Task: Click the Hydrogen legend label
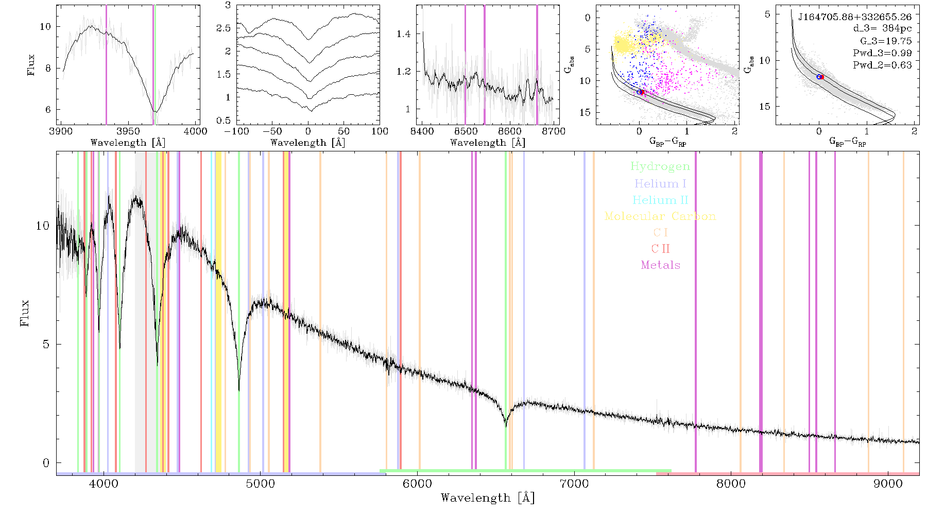660,166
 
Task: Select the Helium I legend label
660,183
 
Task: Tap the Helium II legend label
660,200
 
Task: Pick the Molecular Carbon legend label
660,216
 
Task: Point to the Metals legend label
661,265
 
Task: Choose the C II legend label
660,249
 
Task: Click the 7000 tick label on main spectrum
574,484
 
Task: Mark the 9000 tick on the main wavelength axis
888,484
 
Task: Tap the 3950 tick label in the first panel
128,131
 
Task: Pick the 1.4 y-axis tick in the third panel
404,34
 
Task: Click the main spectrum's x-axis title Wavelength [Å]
487,498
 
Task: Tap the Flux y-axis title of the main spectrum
24,313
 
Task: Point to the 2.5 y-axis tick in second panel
224,28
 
